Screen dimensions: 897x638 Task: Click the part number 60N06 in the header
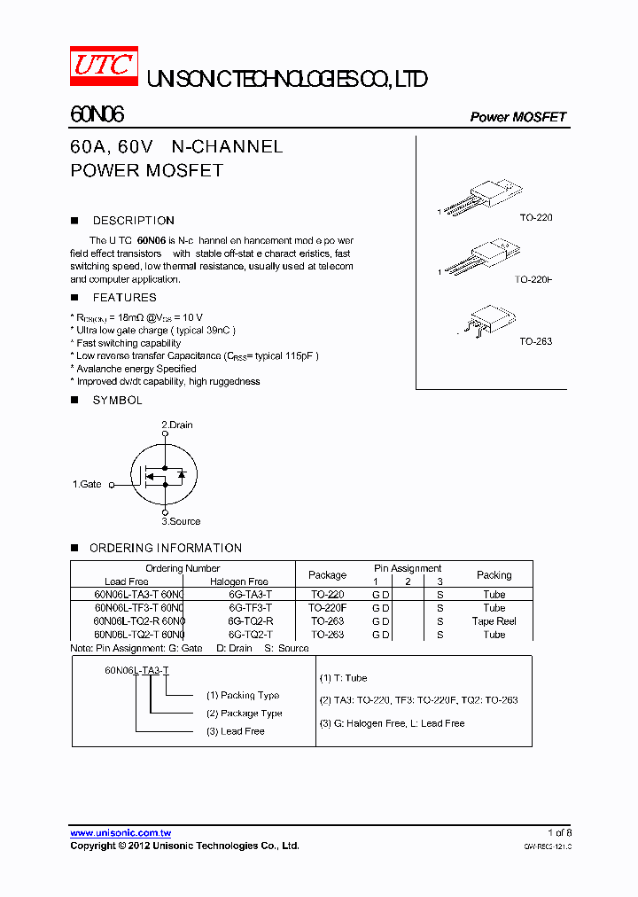(x=97, y=115)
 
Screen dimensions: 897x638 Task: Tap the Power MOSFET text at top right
(x=517, y=117)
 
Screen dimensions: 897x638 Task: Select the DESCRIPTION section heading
(x=133, y=221)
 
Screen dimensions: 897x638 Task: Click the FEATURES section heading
(x=124, y=298)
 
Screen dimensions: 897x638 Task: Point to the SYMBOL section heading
(x=117, y=401)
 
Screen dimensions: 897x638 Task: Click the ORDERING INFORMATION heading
(x=165, y=548)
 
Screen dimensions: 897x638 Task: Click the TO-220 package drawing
(x=483, y=196)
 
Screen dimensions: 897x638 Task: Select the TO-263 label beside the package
(x=535, y=341)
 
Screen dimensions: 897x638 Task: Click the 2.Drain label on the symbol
(x=176, y=425)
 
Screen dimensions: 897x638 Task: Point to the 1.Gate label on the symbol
(x=87, y=485)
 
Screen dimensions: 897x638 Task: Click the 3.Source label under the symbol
(x=181, y=521)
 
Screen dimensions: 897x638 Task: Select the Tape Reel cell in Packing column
(x=494, y=621)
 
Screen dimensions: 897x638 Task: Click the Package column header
(x=327, y=575)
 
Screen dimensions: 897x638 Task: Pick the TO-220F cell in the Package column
(x=327, y=608)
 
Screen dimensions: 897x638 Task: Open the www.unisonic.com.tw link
(x=121, y=833)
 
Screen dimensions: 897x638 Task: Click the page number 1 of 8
(x=559, y=833)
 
